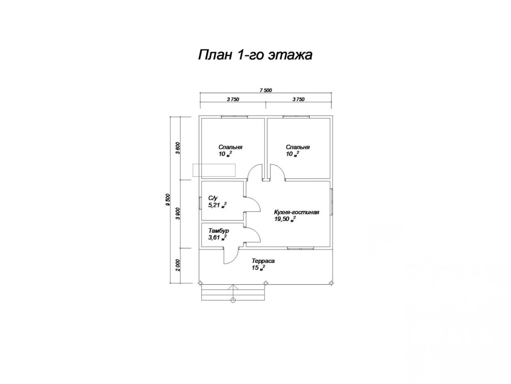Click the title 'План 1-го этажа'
click(x=254, y=55)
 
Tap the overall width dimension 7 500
click(x=265, y=90)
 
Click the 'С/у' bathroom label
click(x=213, y=198)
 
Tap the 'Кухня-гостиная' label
click(x=296, y=212)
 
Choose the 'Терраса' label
click(x=263, y=261)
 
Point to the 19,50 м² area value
click(x=285, y=219)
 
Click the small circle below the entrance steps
click(x=233, y=300)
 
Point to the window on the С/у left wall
click(x=200, y=202)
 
